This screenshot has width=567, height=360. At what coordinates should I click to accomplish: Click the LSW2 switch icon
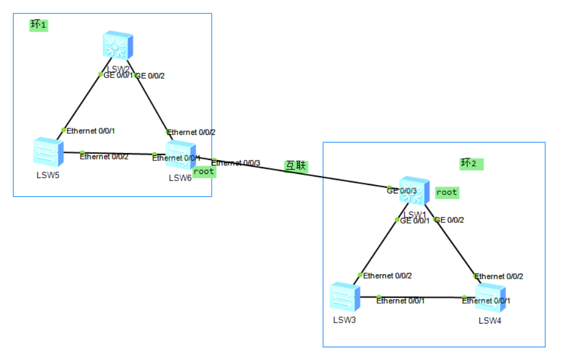(x=118, y=45)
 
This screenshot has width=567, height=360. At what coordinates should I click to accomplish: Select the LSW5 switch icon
(x=48, y=152)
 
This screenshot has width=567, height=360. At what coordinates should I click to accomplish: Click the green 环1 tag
(x=38, y=25)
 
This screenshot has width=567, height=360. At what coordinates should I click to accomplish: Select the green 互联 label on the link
(x=296, y=166)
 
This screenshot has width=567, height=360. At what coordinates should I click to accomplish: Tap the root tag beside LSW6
(x=204, y=172)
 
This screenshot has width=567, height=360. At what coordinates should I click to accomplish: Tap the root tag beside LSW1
(x=447, y=192)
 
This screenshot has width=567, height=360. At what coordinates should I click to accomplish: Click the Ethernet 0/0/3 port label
(x=237, y=163)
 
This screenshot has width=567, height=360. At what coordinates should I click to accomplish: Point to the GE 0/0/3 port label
(x=402, y=191)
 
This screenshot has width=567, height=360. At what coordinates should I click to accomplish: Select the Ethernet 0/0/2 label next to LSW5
(x=104, y=157)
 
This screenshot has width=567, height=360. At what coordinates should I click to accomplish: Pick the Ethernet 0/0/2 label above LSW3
(x=388, y=275)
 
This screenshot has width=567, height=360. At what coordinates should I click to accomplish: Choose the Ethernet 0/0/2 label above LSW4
(x=499, y=276)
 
